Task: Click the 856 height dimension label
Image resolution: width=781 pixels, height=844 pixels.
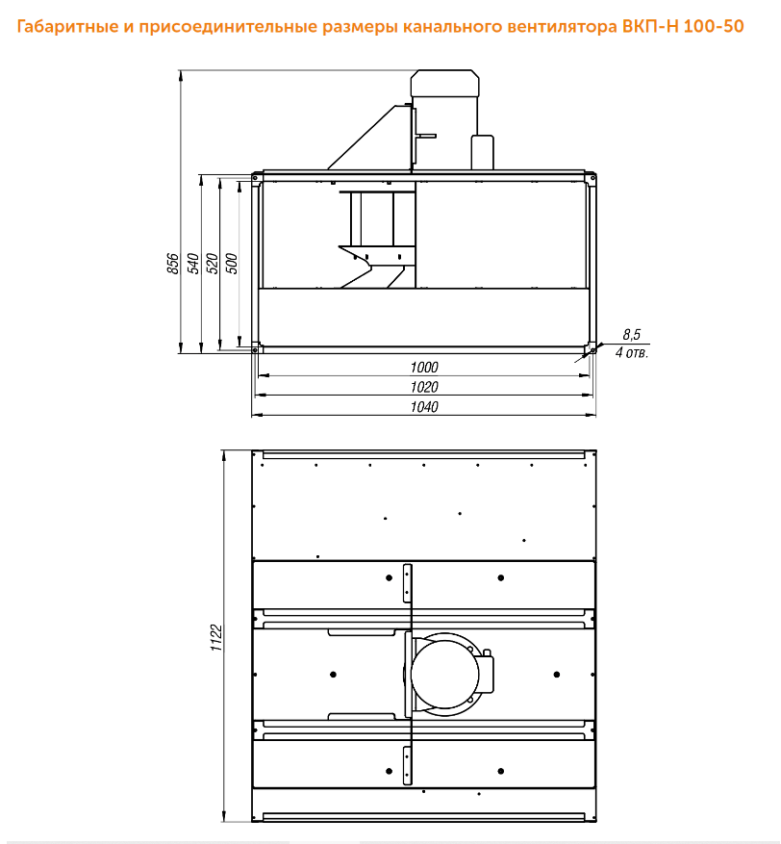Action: coord(173,264)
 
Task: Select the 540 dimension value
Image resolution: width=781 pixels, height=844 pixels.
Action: coord(193,264)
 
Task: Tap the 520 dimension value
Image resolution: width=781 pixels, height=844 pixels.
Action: coord(213,264)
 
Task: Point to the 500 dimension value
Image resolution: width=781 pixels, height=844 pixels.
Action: coord(232,264)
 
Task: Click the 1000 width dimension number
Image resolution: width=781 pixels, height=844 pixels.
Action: coord(424,367)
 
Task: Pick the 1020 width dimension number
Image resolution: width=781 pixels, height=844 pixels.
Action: coord(424,387)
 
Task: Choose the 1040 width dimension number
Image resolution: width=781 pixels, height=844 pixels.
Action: coord(424,407)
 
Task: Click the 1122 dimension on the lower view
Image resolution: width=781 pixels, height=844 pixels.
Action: coord(216,638)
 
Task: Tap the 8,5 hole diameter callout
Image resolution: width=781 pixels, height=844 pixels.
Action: coord(632,335)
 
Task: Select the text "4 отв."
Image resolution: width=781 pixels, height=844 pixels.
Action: coord(632,353)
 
